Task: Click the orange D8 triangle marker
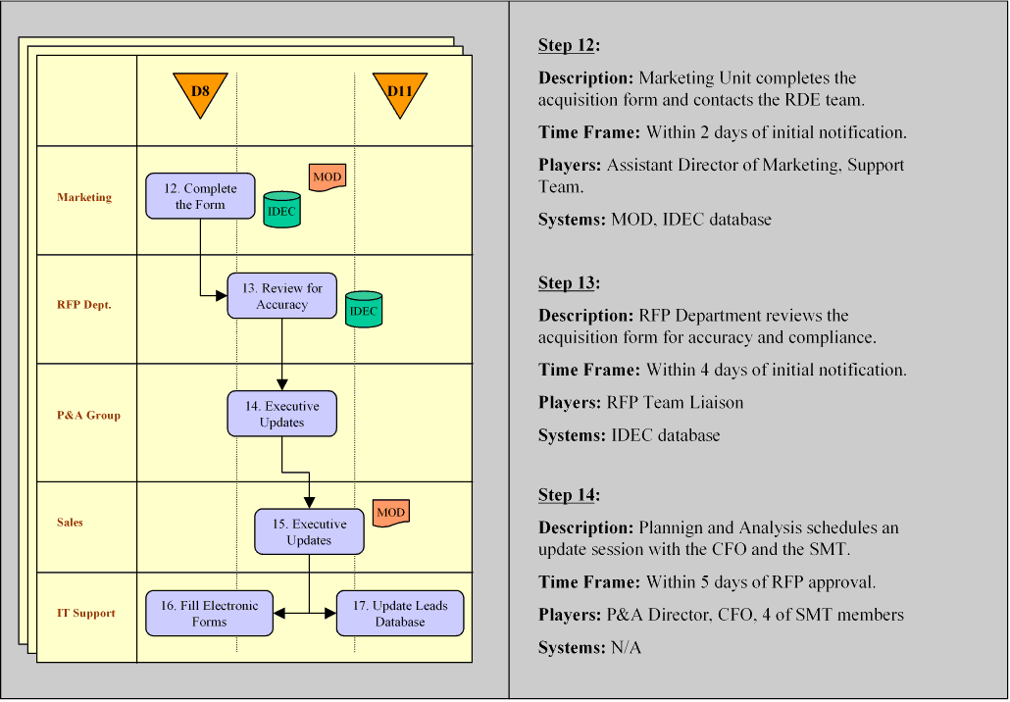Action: point(200,92)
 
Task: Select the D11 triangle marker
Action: point(400,92)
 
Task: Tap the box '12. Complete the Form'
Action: point(200,196)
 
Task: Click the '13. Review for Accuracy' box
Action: point(282,296)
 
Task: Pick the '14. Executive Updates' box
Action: point(282,414)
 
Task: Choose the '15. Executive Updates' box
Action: point(310,531)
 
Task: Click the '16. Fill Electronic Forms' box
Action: point(210,614)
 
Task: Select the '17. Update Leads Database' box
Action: point(400,614)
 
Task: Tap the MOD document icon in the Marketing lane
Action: point(328,177)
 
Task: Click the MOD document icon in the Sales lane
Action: point(390,513)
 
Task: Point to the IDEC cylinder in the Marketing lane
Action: point(282,211)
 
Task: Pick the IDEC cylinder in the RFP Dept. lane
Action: point(363,310)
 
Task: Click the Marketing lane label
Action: point(84,197)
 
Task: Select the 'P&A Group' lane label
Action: point(88,415)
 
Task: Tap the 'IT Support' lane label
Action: point(85,613)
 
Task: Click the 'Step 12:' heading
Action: point(569,45)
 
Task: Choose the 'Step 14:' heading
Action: point(569,495)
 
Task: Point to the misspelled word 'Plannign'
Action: point(673,527)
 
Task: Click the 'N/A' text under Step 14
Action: point(626,648)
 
